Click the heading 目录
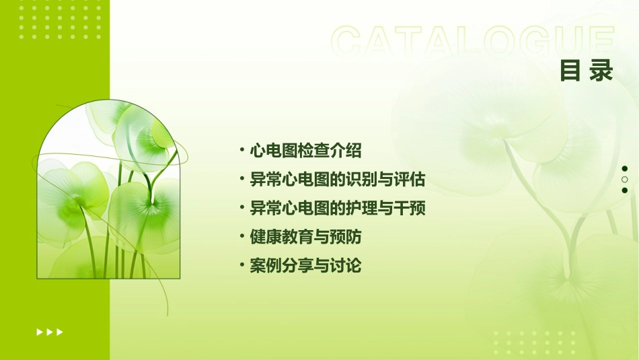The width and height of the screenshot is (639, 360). pyautogui.click(x=587, y=70)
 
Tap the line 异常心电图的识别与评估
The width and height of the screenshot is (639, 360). pyautogui.click(x=337, y=180)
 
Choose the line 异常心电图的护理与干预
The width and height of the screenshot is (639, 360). pyautogui.click(x=337, y=208)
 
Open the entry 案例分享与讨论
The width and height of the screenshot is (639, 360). pyautogui.click(x=305, y=266)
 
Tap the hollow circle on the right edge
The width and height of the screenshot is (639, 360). pyautogui.click(x=625, y=180)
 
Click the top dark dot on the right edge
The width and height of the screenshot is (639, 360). pyautogui.click(x=625, y=169)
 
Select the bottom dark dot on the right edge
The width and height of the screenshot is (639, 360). pyautogui.click(x=625, y=190)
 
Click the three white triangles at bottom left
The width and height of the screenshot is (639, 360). pyautogui.click(x=50, y=332)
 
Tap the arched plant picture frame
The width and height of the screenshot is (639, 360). pyautogui.click(x=108, y=195)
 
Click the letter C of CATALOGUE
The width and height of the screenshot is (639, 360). pyautogui.click(x=350, y=42)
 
